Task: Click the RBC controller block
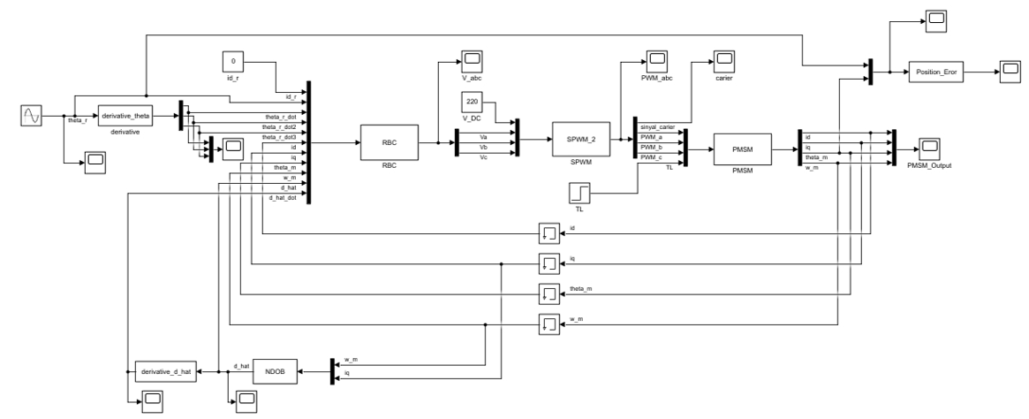[x=387, y=141]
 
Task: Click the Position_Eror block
[x=936, y=74]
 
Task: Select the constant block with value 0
[x=232, y=63]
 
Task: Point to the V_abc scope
[x=473, y=61]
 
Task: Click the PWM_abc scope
[x=655, y=61]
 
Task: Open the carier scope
[x=724, y=61]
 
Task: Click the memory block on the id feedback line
[x=549, y=233]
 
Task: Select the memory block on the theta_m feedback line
[x=549, y=293]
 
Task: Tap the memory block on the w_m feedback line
[x=549, y=324]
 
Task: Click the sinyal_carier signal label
[x=656, y=127]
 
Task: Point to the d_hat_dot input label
[x=281, y=198]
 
